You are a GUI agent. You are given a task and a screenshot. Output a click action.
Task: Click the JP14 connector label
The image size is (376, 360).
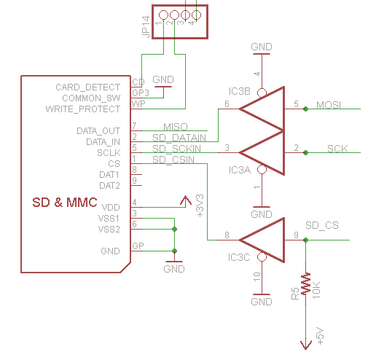coord(146,27)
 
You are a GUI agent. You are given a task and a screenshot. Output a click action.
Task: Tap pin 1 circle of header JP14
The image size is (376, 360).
coord(163,15)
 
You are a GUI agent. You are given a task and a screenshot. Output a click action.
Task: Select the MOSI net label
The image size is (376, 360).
coord(329,105)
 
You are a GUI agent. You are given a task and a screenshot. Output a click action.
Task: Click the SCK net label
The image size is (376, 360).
coord(337,149)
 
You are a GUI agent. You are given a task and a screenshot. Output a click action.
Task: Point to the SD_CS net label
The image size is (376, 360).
coord(322,225)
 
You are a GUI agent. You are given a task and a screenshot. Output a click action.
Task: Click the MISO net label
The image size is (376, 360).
coord(176,127)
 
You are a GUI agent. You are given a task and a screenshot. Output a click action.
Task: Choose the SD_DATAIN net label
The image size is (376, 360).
coord(179,138)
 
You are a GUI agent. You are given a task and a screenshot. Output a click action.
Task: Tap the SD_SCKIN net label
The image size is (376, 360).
coord(176,149)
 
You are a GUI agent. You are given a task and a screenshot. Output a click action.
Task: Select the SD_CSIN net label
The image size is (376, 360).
coord(173,160)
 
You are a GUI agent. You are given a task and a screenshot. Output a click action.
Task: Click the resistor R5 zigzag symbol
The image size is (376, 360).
coord(306,283)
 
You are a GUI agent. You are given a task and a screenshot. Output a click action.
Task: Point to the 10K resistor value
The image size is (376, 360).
coord(316,290)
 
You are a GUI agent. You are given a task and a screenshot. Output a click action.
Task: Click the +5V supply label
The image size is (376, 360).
coord(320,336)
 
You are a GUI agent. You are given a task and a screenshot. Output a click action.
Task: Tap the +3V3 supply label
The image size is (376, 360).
coord(200,206)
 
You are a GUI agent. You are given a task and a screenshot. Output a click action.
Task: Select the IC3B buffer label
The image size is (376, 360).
coord(240,91)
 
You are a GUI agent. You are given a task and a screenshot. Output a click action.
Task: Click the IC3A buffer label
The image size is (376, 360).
coord(240,170)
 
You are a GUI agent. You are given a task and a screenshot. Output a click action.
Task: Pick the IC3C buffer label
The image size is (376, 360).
coord(239,257)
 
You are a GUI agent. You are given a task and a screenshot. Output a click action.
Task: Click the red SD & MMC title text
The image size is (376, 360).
coord(65,203)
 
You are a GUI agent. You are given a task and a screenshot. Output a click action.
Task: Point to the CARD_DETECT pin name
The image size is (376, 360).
coord(87,87)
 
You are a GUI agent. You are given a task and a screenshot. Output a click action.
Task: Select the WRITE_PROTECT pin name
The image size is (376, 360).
coord(83,109)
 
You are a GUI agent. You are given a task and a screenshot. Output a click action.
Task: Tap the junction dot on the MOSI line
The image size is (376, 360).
coord(305,109)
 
